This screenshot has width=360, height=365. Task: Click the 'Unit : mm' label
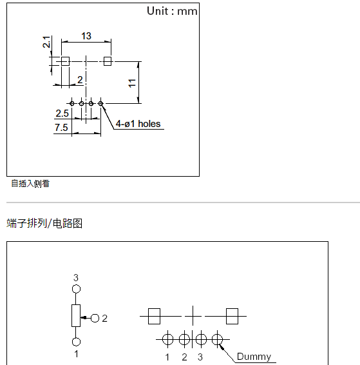tap(172, 11)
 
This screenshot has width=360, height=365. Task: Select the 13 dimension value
tap(86, 36)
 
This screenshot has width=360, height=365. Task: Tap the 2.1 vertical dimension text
tap(47, 43)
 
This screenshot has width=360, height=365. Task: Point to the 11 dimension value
tap(132, 83)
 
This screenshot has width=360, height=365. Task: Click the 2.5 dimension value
tap(62, 113)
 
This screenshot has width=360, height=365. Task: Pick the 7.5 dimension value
tap(61, 128)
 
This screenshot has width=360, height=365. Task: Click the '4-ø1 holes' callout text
tap(138, 124)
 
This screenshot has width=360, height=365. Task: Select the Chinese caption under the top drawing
tap(30, 184)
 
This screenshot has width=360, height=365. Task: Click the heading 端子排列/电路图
tap(44, 224)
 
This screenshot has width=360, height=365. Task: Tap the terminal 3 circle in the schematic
tap(76, 290)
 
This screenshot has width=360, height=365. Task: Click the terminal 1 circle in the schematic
tap(76, 342)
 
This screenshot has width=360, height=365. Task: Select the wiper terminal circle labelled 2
tap(95, 318)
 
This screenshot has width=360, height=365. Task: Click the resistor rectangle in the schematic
tap(76, 316)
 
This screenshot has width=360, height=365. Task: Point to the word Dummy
tap(254, 357)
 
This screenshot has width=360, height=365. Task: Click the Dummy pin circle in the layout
tap(218, 339)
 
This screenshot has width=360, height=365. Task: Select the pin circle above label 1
tap(167, 339)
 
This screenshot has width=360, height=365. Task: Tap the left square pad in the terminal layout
tap(154, 316)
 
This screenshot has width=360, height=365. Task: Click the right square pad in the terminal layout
tap(232, 316)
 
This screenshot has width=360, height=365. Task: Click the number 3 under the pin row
tap(200, 357)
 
